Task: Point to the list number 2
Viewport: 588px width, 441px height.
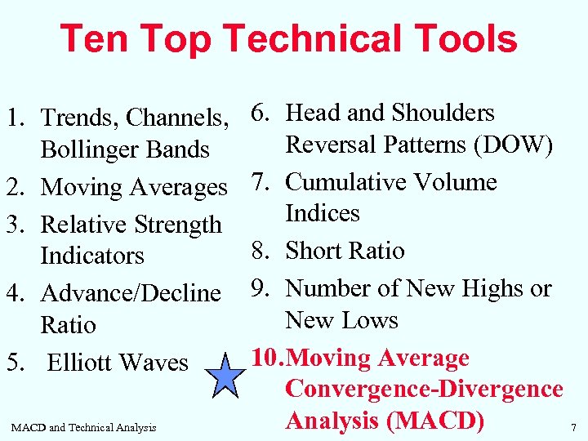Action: point(14,187)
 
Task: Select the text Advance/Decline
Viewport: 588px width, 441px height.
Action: point(131,292)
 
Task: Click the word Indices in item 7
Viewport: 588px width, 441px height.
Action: point(323,213)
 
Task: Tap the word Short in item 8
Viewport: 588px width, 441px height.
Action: point(313,250)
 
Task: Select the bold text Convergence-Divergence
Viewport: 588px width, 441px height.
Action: point(424,390)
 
